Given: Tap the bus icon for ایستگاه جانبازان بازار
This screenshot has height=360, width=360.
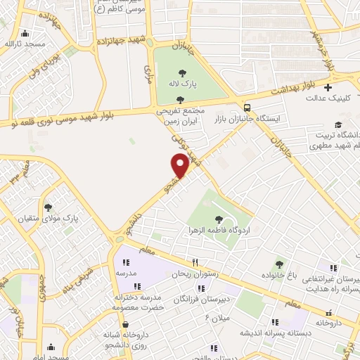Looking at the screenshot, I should click(x=247, y=108).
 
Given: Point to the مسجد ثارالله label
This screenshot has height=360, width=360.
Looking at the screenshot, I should click(x=25, y=44).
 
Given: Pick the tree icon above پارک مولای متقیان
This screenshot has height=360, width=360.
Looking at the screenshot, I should click(x=48, y=207).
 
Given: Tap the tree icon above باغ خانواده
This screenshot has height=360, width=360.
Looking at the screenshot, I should click(x=279, y=264).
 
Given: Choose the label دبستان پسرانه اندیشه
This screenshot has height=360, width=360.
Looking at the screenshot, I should click(x=265, y=334).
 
